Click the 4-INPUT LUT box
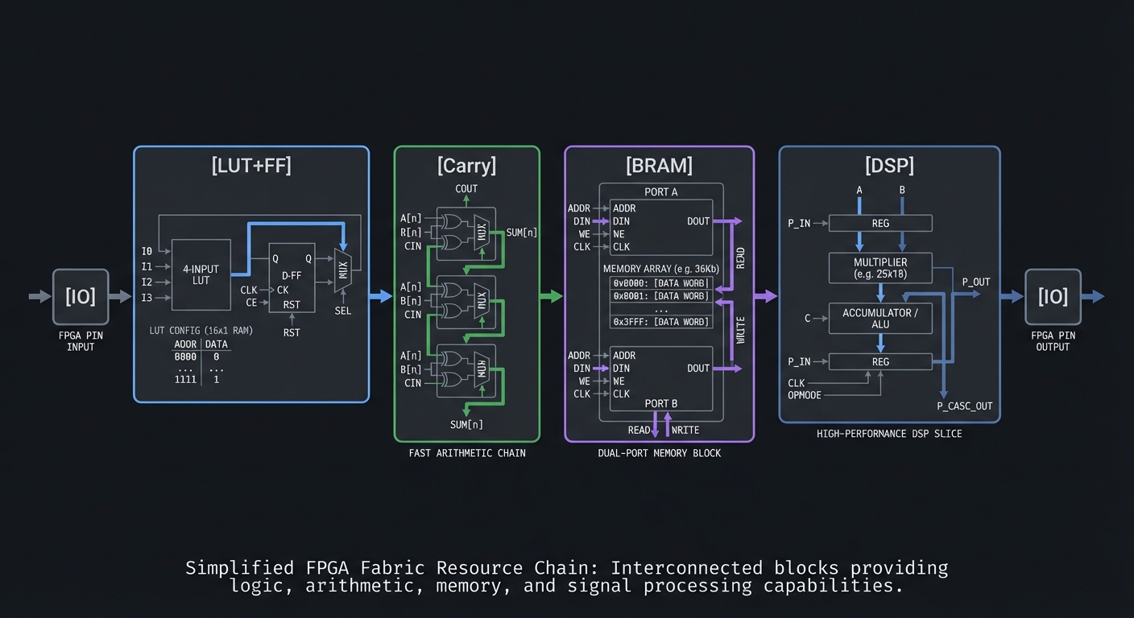[x=201, y=274]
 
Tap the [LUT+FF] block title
[x=251, y=166]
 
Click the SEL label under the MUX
[x=343, y=311]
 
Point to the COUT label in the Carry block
[x=466, y=189]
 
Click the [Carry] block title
[x=466, y=166]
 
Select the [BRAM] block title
[x=659, y=166]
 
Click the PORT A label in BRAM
[x=660, y=192]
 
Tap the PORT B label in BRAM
[x=660, y=403]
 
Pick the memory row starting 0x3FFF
[x=660, y=322]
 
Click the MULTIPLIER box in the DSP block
[x=880, y=268]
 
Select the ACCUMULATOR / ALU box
[x=880, y=318]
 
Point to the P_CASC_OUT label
[x=964, y=406]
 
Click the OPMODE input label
[x=805, y=395]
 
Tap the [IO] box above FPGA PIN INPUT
[x=81, y=296]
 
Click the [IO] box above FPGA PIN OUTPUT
[x=1052, y=296]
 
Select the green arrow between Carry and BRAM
[x=551, y=296]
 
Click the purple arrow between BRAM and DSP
[x=765, y=296]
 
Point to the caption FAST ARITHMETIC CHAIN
[x=466, y=453]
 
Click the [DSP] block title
[x=889, y=166]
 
